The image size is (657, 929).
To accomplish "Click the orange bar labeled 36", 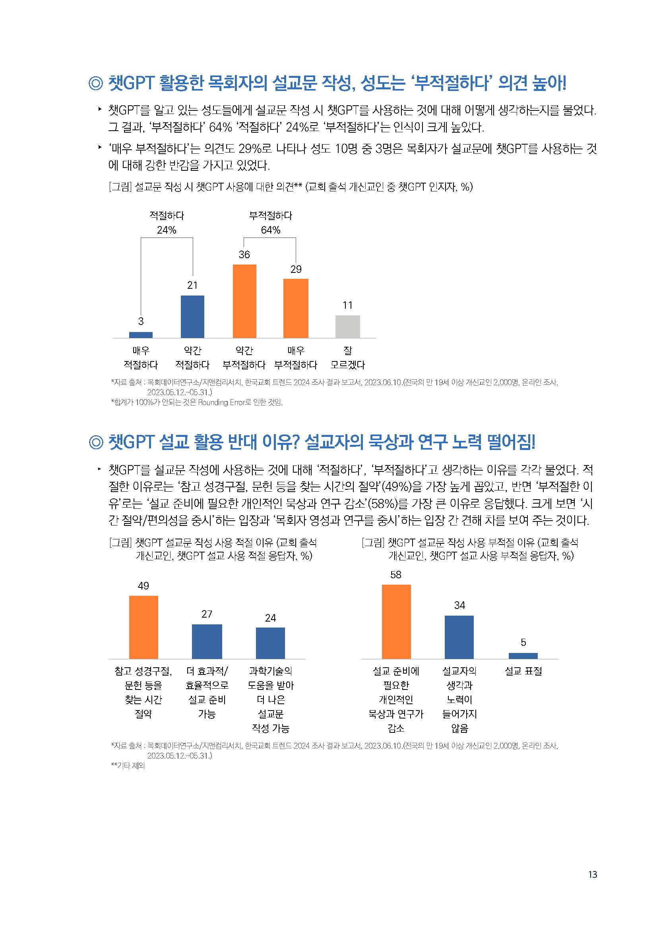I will tap(244, 301).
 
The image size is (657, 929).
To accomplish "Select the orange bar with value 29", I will tap(296, 308).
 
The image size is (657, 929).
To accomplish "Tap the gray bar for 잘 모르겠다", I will tap(348, 326).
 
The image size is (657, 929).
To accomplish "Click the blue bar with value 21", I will tap(192, 317).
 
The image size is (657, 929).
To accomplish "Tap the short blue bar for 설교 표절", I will tap(523, 655).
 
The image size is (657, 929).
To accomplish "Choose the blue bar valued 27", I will tap(207, 641).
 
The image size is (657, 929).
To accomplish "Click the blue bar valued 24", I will tap(270, 643).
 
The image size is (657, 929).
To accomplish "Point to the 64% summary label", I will tap(270, 230).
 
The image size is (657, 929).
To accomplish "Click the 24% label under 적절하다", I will tap(167, 230).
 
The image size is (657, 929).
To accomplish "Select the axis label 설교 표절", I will tap(523, 671).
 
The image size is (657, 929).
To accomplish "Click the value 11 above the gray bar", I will tap(347, 305).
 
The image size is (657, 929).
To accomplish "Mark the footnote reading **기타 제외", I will tap(128, 765).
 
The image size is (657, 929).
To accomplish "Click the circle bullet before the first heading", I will tap(95, 83).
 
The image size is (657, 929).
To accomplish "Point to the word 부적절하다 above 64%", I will tap(270, 215).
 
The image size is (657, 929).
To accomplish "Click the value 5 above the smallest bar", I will tap(523, 642).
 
